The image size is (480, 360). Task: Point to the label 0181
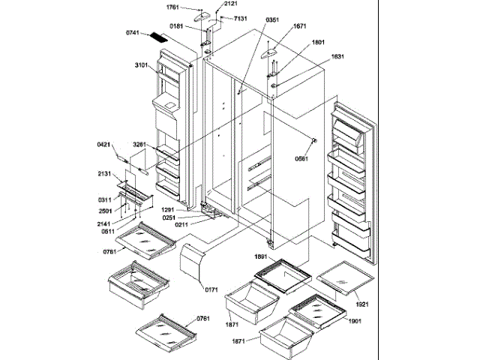pyautogui.click(x=175, y=25)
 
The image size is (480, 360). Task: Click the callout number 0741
pyautogui.click(x=133, y=33)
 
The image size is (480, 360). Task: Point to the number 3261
pyautogui.click(x=140, y=145)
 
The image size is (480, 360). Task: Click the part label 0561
pyautogui.click(x=302, y=158)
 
